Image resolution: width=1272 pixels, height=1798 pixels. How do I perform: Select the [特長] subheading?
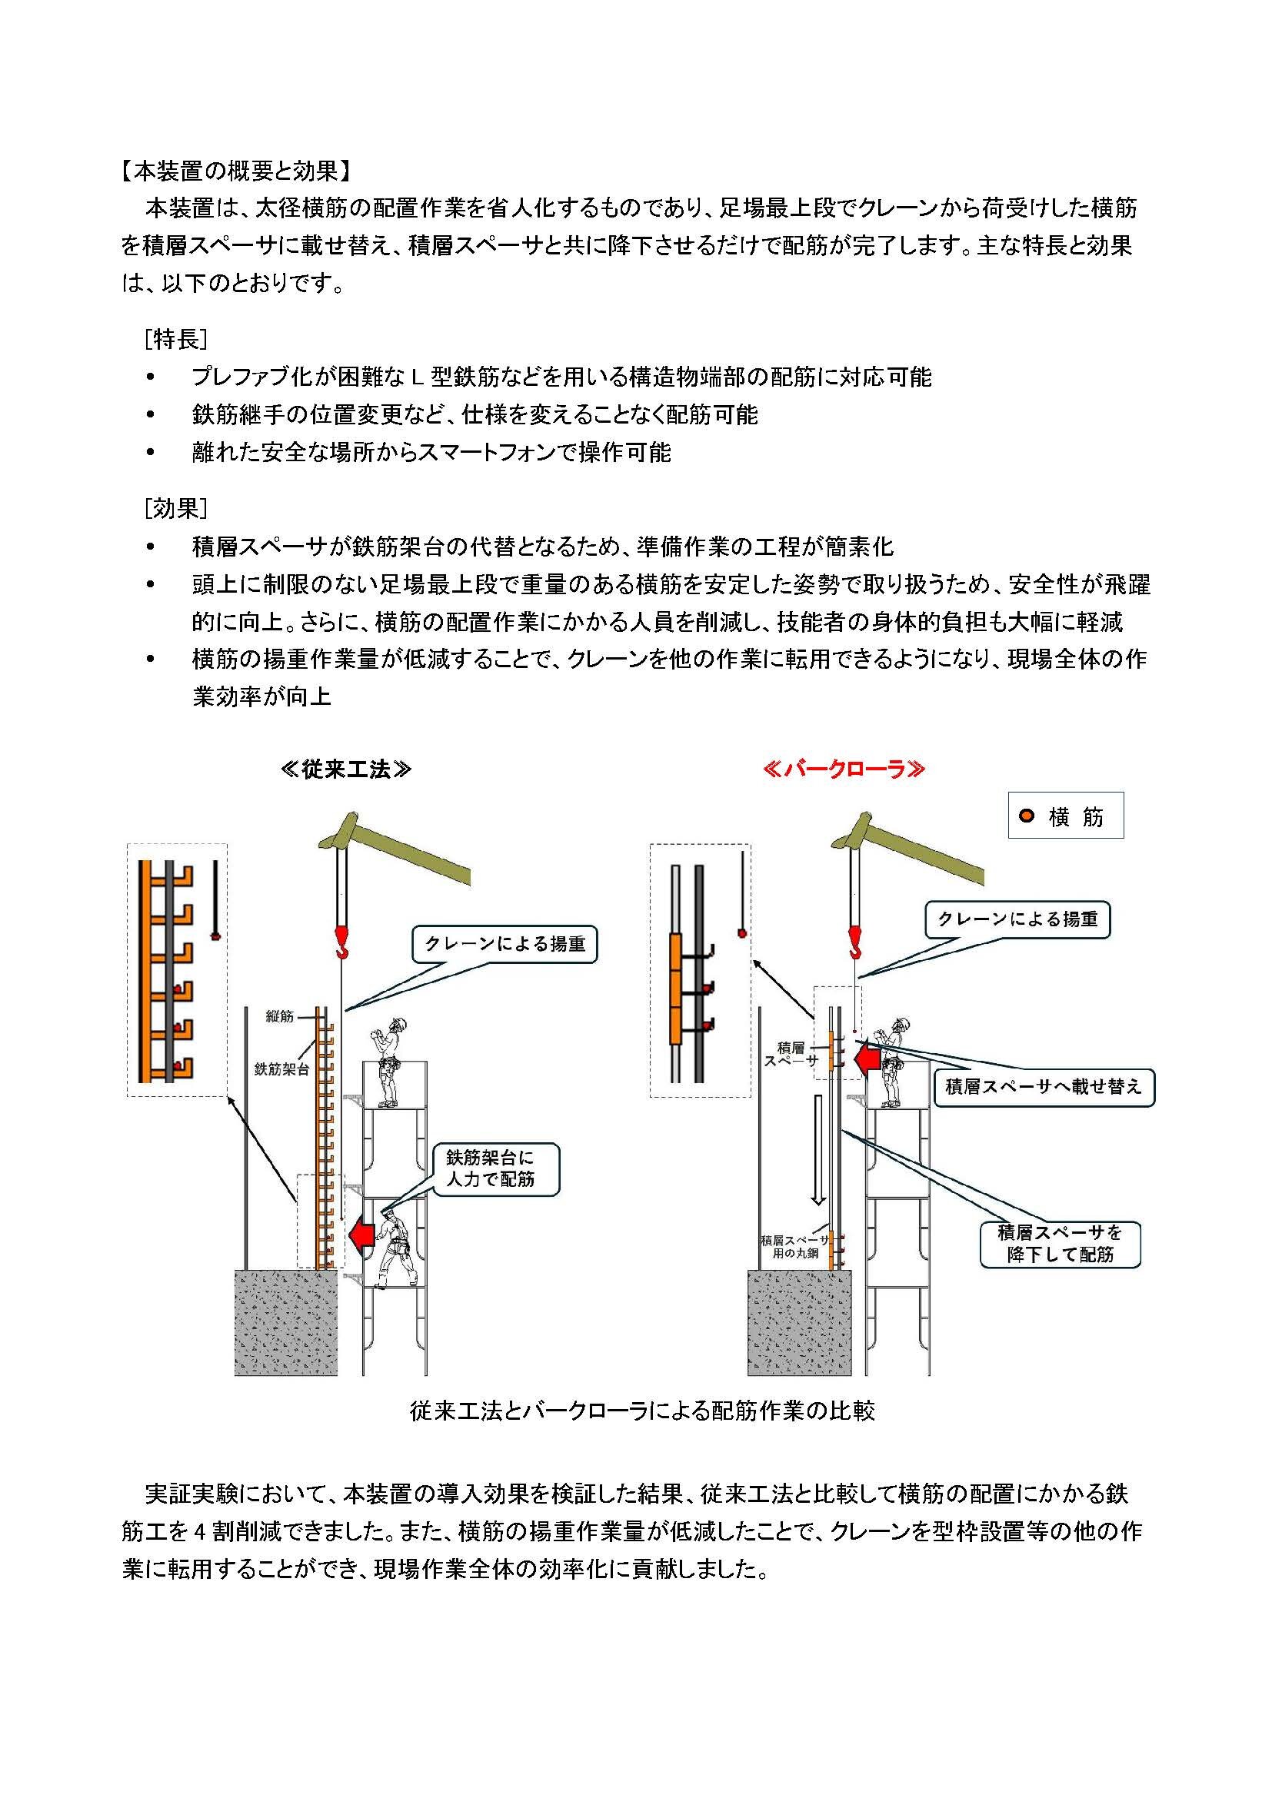(175, 339)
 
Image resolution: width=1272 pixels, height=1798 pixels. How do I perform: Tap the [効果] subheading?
(175, 508)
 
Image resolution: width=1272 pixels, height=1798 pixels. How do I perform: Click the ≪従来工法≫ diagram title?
(345, 769)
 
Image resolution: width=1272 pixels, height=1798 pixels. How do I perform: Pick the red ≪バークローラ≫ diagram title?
(844, 769)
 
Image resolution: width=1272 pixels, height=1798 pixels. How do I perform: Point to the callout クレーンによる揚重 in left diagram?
(504, 945)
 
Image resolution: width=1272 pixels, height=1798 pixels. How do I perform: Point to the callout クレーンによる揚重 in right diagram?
(1017, 919)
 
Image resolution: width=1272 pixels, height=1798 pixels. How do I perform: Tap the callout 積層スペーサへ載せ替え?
(1044, 1087)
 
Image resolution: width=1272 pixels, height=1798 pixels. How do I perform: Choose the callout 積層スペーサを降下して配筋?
(1060, 1244)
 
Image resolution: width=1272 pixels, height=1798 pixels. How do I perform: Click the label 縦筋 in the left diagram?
(280, 1016)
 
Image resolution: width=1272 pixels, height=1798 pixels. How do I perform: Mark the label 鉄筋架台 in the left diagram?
(281, 1069)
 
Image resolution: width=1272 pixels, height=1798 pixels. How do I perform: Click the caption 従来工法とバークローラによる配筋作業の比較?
(641, 1411)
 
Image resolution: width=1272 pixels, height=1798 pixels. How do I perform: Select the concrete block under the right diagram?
(799, 1323)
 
